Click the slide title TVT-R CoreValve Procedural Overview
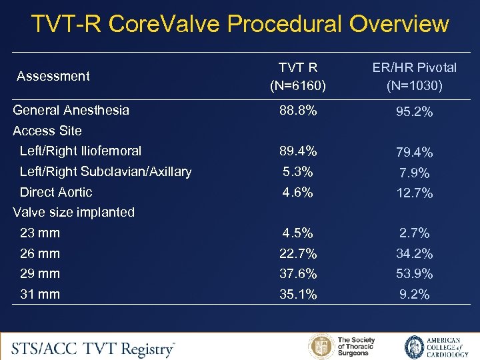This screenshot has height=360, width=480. pyautogui.click(x=240, y=24)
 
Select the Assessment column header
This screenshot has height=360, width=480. pyautogui.click(x=53, y=76)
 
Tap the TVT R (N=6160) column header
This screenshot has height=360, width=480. pyautogui.click(x=298, y=76)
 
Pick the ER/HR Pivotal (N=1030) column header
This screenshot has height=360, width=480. pyautogui.click(x=415, y=76)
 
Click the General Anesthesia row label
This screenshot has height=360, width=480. pyautogui.click(x=71, y=110)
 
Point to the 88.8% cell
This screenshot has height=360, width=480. pyautogui.click(x=298, y=110)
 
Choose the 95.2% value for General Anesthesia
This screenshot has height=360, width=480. pyautogui.click(x=415, y=112)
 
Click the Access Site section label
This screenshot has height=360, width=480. pyautogui.click(x=47, y=131)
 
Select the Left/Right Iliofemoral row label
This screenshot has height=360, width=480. pyautogui.click(x=81, y=151)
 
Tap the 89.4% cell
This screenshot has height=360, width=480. pyautogui.click(x=298, y=151)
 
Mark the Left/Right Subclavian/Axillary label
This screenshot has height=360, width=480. pyautogui.click(x=105, y=171)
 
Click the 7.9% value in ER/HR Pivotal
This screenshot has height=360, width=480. pyautogui.click(x=415, y=173)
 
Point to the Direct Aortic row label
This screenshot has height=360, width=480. pyautogui.click(x=56, y=192)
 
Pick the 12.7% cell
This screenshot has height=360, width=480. pyautogui.click(x=415, y=193)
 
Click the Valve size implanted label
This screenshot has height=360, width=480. pyautogui.click(x=74, y=212)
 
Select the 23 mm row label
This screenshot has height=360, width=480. pyautogui.click(x=40, y=233)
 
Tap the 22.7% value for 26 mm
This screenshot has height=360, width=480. pyautogui.click(x=298, y=253)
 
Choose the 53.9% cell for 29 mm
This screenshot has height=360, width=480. pyautogui.click(x=415, y=274)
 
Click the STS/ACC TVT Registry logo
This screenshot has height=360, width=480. pyautogui.click(x=93, y=348)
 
